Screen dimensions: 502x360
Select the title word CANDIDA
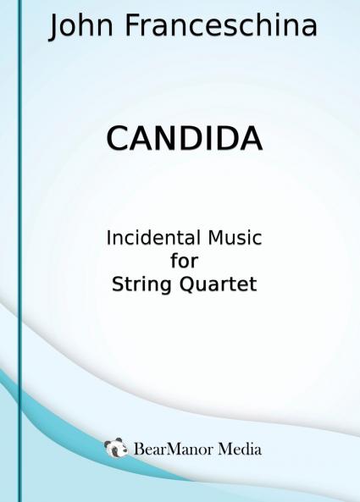coord(184,139)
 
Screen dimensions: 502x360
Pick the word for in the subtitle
coord(184,261)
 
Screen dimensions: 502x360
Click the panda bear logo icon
coord(116,448)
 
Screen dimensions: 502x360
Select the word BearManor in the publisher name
coord(174,449)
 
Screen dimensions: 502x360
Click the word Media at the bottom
coord(240,449)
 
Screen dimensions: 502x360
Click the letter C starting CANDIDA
coord(117,139)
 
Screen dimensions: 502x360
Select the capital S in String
coord(118,284)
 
